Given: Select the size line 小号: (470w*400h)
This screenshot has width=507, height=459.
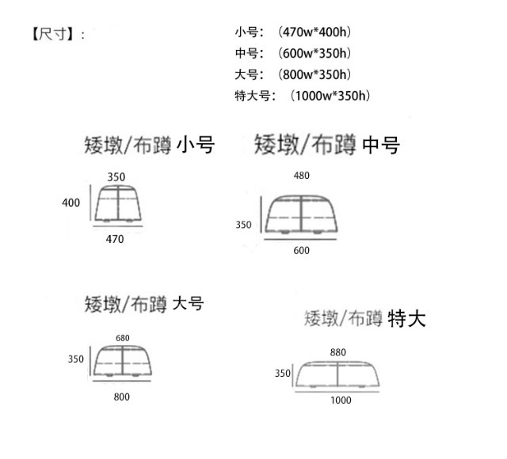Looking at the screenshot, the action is [293, 32].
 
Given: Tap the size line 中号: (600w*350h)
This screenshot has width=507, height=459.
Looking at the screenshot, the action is [293, 54].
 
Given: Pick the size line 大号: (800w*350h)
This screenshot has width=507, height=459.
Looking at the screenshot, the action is [293, 75].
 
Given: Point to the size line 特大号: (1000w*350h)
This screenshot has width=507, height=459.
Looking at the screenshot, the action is [303, 97].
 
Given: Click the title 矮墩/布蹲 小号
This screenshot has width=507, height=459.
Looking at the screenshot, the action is [149, 145].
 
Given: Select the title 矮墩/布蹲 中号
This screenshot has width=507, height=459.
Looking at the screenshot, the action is [326, 145].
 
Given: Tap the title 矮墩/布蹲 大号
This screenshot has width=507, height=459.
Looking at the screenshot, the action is [144, 303].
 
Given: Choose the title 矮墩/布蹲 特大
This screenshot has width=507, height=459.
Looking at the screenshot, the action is [365, 319].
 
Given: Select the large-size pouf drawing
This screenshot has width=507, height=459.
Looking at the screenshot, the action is [122, 362].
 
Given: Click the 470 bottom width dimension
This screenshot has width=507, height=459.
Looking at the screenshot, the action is [116, 240].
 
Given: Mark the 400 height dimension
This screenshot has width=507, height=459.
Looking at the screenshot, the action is [71, 203].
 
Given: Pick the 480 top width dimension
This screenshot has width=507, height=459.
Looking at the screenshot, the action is [301, 176].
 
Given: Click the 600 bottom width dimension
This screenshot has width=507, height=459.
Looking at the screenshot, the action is [301, 251].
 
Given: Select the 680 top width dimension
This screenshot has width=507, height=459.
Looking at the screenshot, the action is [122, 338].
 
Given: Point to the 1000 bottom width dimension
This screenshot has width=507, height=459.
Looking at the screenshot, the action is [341, 400].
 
